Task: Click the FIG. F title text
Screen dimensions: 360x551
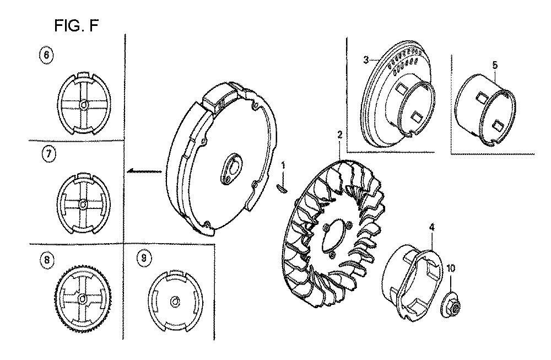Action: pyautogui.click(x=77, y=25)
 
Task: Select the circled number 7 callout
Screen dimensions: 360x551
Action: pyautogui.click(x=48, y=155)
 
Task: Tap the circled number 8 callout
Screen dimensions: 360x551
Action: pyautogui.click(x=46, y=257)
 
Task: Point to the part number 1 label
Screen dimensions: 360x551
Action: pyautogui.click(x=283, y=165)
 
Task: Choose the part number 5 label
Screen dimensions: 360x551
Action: pyautogui.click(x=494, y=65)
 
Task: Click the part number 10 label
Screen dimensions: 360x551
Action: pyautogui.click(x=451, y=268)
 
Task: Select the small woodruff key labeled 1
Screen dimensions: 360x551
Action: pyautogui.click(x=282, y=188)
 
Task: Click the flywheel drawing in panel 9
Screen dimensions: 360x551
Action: pyautogui.click(x=174, y=299)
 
